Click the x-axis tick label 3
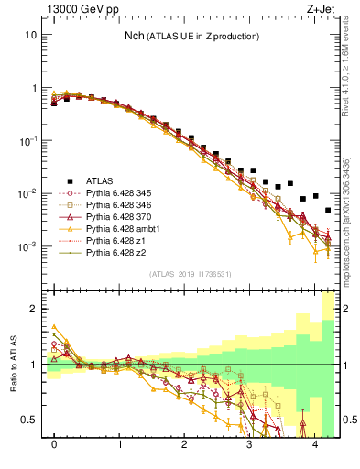250,444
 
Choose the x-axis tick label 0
54,444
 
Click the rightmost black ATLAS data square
328,211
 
